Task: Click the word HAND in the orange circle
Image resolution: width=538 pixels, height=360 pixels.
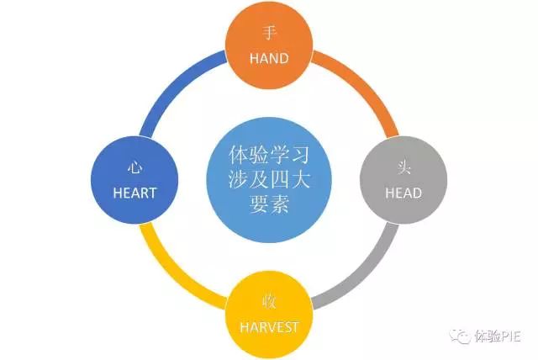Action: [269, 59]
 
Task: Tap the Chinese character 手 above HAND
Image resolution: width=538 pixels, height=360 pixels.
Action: [269, 34]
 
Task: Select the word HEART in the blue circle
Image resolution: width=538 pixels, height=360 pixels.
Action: [135, 193]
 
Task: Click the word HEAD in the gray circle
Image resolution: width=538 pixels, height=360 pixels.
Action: [402, 193]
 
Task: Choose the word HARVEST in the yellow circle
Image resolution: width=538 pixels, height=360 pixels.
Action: [269, 325]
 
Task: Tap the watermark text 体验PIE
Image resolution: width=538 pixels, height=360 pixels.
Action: [499, 336]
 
